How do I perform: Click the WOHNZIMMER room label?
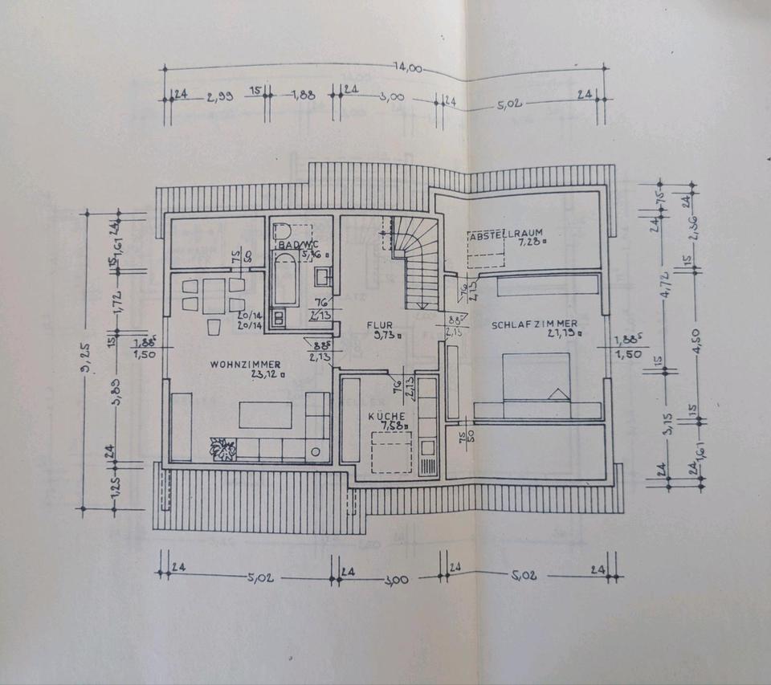(246, 364)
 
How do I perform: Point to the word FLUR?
(379, 325)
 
